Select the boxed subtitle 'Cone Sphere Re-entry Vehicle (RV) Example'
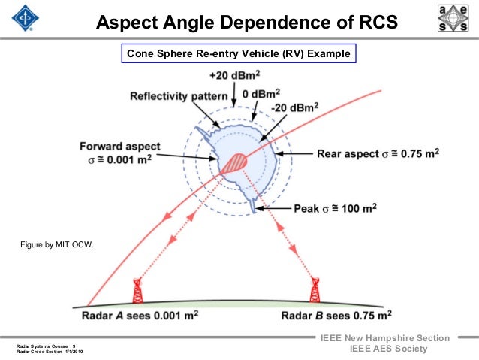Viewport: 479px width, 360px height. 238,54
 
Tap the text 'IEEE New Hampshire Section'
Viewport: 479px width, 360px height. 385,338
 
